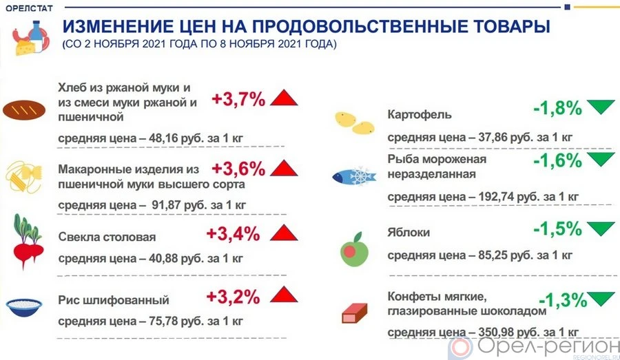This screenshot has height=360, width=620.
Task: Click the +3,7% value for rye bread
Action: [238, 99]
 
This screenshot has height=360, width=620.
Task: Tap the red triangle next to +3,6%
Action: [283, 168]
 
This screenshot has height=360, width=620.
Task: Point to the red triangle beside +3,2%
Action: [283, 296]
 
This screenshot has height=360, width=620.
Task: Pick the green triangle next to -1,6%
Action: [601, 159]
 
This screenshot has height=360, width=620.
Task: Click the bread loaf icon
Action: [24, 109]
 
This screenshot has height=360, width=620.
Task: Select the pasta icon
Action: [22, 178]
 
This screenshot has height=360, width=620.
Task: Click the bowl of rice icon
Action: [25, 306]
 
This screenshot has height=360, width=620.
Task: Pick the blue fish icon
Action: [352, 176]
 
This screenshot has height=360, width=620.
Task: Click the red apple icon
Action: [353, 248]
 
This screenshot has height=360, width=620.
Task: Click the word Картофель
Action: [419, 113]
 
